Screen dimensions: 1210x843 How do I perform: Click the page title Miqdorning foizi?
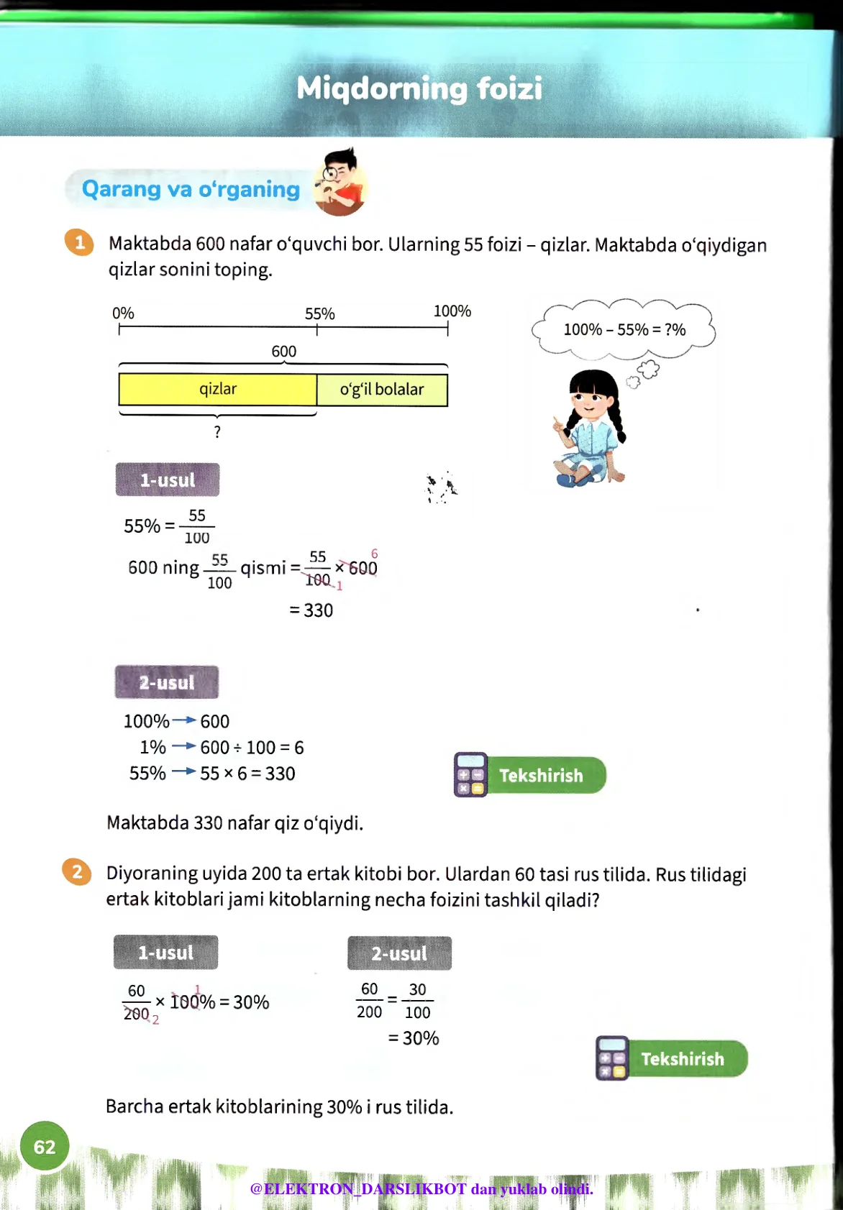419,88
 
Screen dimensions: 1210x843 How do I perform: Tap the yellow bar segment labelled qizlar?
217,390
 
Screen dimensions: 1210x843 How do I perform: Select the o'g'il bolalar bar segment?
382,390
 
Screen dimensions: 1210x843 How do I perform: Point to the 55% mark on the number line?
317,329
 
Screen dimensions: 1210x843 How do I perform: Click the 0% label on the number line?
123,313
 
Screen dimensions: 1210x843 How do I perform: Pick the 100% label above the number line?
452,311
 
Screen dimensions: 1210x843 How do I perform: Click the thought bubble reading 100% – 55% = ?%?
624,329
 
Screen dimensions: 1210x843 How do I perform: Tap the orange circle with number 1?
79,242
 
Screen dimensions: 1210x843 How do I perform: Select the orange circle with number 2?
77,872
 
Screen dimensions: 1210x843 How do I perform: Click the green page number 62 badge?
45,1146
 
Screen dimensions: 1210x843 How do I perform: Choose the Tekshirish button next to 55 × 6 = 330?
530,775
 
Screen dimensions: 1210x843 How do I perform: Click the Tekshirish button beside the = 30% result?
672,1058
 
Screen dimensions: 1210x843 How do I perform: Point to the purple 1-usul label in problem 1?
167,480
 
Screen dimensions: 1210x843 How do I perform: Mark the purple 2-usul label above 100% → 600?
166,682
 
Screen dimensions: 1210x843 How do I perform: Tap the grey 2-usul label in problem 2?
399,953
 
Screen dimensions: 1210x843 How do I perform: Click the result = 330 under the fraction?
311,610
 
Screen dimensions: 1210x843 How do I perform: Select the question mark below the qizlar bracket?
217,431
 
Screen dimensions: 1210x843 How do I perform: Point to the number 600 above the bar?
283,352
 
